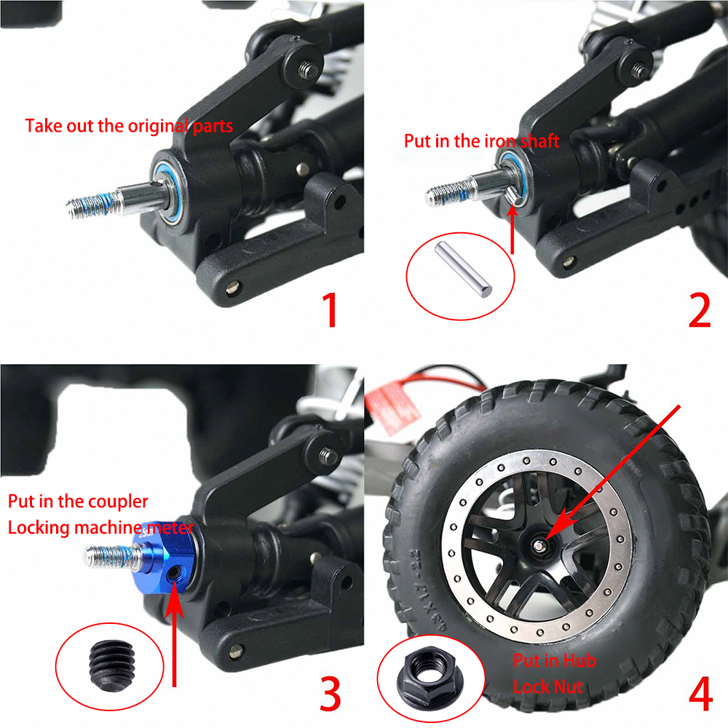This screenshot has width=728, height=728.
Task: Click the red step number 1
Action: tap(330, 309)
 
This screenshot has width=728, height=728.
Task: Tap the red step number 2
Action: tap(699, 310)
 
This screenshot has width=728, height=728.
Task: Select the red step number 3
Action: tap(331, 693)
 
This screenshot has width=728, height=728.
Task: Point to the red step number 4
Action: tap(700, 694)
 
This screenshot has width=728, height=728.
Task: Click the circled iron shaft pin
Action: tap(463, 269)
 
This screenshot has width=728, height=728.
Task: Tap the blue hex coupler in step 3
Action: tap(166, 559)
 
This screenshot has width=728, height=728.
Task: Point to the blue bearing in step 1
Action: tap(167, 191)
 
